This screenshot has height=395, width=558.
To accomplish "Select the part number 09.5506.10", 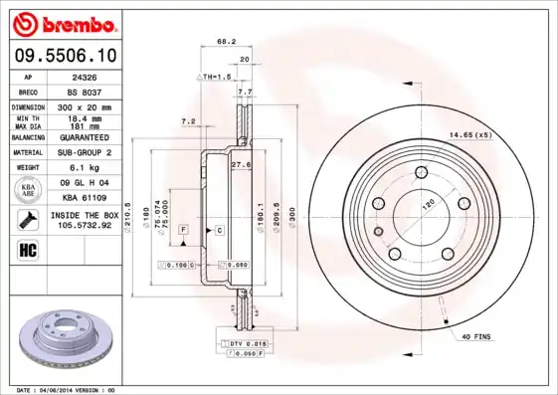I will (x=63, y=56).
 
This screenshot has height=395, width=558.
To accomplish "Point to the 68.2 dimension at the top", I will (x=226, y=42).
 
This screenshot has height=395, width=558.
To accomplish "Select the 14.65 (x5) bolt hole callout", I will (x=471, y=134).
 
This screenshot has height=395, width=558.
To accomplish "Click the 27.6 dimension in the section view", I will (x=239, y=163).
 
